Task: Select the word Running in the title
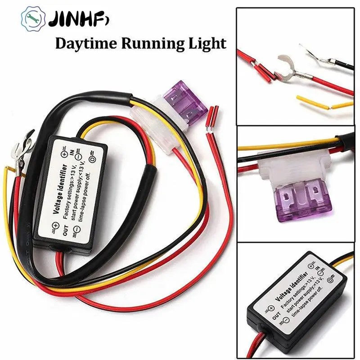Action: (x=144, y=44)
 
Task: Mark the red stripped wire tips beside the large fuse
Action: (x=212, y=119)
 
